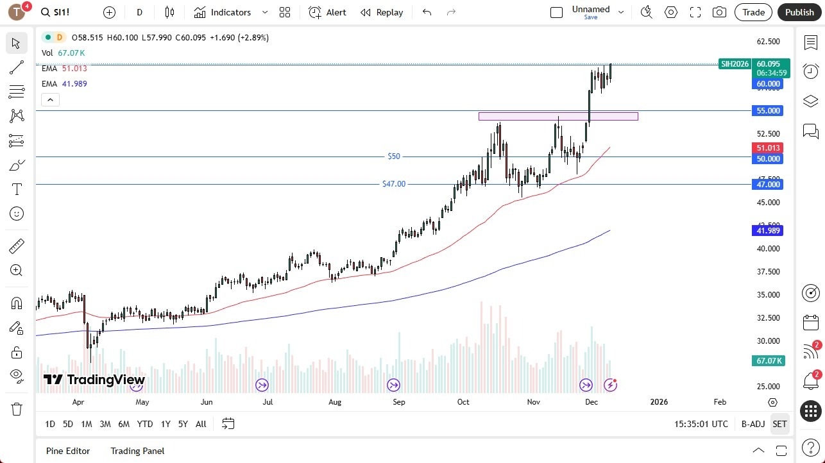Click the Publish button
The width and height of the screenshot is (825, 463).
pyautogui.click(x=799, y=12)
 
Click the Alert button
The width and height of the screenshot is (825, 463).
pyautogui.click(x=327, y=12)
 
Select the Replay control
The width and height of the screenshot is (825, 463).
pyautogui.click(x=382, y=12)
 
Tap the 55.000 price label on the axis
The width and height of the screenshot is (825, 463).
pyautogui.click(x=768, y=111)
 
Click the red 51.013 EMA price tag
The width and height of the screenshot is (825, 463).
pyautogui.click(x=768, y=147)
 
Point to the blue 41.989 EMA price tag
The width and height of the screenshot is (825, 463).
pyautogui.click(x=768, y=230)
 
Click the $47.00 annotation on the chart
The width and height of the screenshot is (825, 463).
pyautogui.click(x=394, y=184)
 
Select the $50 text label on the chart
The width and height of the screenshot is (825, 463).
pyautogui.click(x=393, y=156)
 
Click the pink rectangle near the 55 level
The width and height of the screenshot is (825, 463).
pyautogui.click(x=558, y=116)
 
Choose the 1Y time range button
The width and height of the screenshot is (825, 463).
pyautogui.click(x=166, y=424)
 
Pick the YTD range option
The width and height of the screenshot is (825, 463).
pyautogui.click(x=145, y=424)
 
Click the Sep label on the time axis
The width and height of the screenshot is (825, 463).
pyautogui.click(x=398, y=402)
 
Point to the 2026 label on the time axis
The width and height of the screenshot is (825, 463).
pyautogui.click(x=659, y=402)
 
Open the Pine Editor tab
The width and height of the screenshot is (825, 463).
pyautogui.click(x=68, y=451)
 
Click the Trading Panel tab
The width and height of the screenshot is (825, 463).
pyautogui.click(x=137, y=451)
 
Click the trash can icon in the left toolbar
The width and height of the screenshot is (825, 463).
pyautogui.click(x=17, y=409)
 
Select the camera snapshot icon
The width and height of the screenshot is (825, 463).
pyautogui.click(x=720, y=12)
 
